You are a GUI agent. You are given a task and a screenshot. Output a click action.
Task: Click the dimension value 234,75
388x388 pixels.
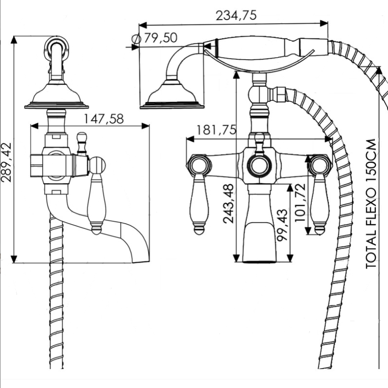[x=236, y=16]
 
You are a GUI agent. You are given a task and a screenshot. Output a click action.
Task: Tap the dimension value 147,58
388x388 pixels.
[x=104, y=119]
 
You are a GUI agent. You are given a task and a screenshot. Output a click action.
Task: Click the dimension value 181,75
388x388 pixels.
[x=216, y=130]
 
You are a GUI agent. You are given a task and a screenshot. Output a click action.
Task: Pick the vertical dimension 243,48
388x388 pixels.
[x=228, y=203]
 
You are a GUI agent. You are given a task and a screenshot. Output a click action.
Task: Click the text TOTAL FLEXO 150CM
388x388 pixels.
[x=372, y=204]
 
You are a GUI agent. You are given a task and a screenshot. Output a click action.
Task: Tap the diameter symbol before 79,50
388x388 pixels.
[x=136, y=39]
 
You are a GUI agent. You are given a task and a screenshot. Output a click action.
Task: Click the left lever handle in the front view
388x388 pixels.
[x=199, y=204]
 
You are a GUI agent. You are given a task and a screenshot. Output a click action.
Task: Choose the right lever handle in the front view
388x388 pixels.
[x=320, y=204]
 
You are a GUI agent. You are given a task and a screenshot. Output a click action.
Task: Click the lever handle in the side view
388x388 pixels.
[x=97, y=204]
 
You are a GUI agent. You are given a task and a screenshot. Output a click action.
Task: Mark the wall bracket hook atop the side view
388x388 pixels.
[x=57, y=48]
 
